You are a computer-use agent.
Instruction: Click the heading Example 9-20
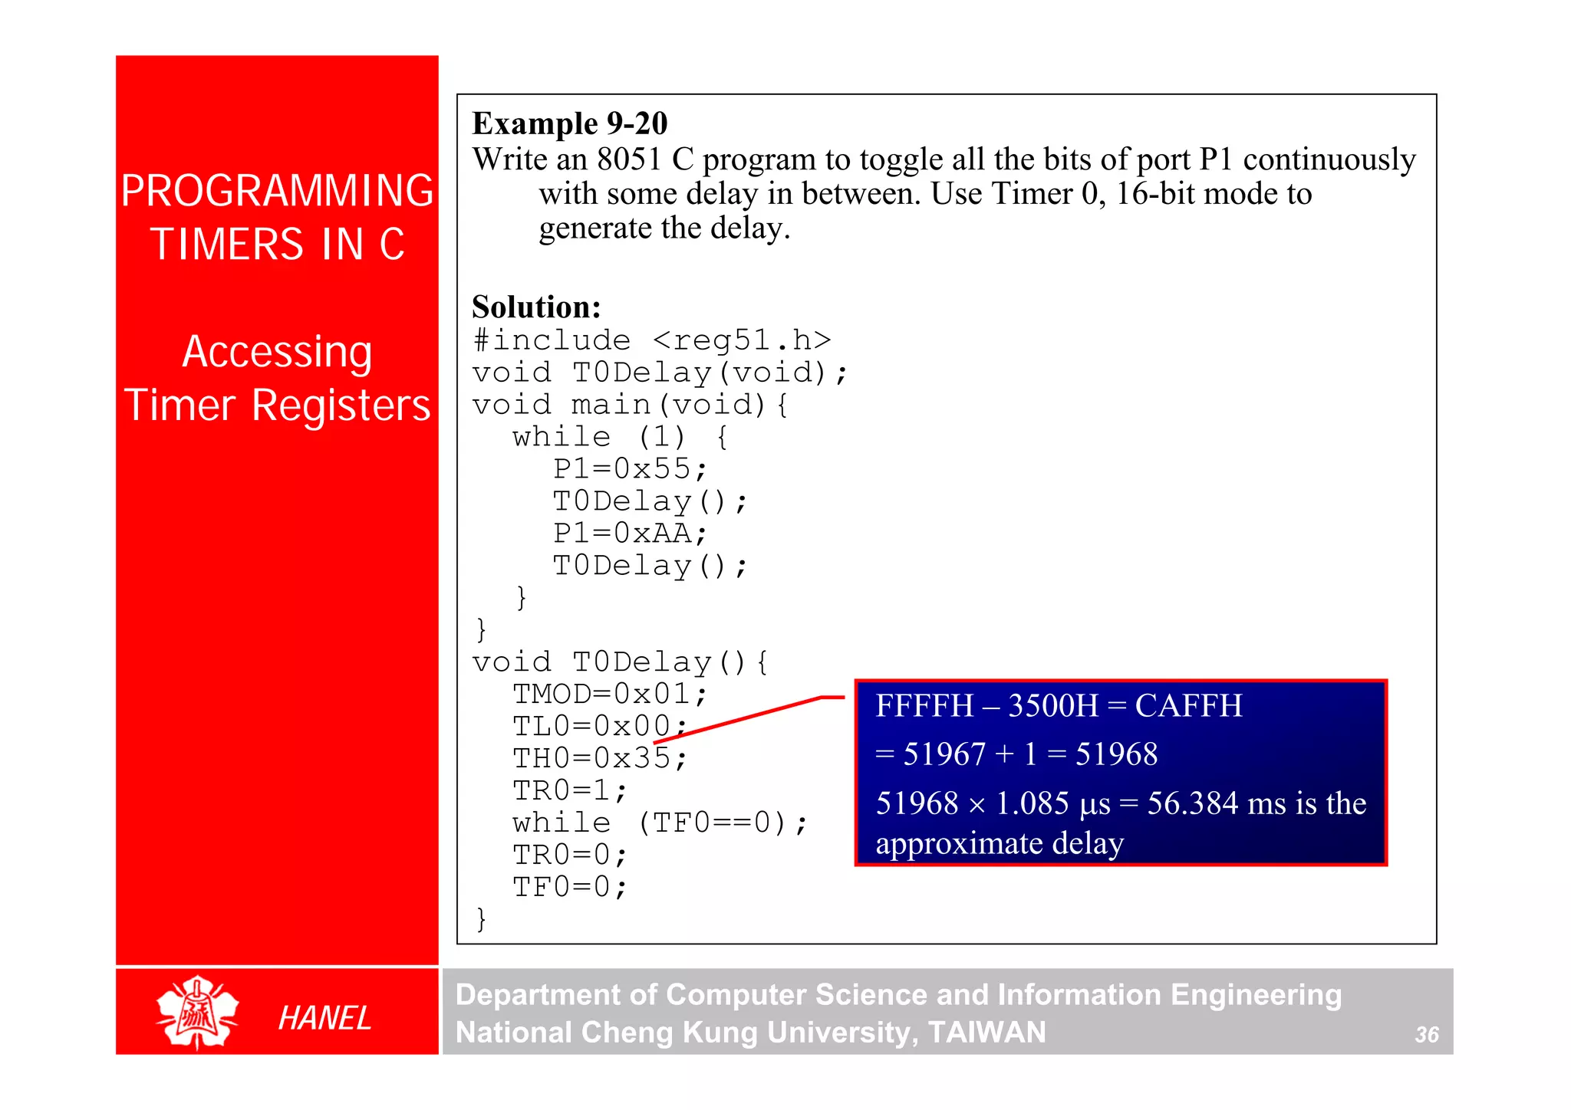pos(569,123)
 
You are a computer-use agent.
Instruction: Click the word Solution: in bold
pos(536,307)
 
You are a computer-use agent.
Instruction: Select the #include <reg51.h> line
pos(652,340)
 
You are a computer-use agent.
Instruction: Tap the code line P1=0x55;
pos(629,468)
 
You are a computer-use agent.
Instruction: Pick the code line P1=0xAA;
pos(629,533)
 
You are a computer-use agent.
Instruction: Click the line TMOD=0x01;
pos(609,694)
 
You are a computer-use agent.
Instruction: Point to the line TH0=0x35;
pos(600,758)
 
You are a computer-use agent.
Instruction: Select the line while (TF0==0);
pos(660,823)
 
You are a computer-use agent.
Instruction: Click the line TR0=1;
pos(570,790)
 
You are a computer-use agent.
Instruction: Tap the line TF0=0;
pos(570,887)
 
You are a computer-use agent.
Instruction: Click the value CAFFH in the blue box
pos(1188,706)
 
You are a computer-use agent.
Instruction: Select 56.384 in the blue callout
pos(1192,803)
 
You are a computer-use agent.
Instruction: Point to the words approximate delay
pos(1000,843)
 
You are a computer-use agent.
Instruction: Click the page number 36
pos(1426,1035)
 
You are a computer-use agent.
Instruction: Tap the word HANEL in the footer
pos(324,1018)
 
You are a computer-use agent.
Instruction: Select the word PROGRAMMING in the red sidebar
pos(277,191)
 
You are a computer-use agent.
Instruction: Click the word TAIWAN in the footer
pos(986,1033)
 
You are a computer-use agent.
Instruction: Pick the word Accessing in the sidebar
pos(277,352)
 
